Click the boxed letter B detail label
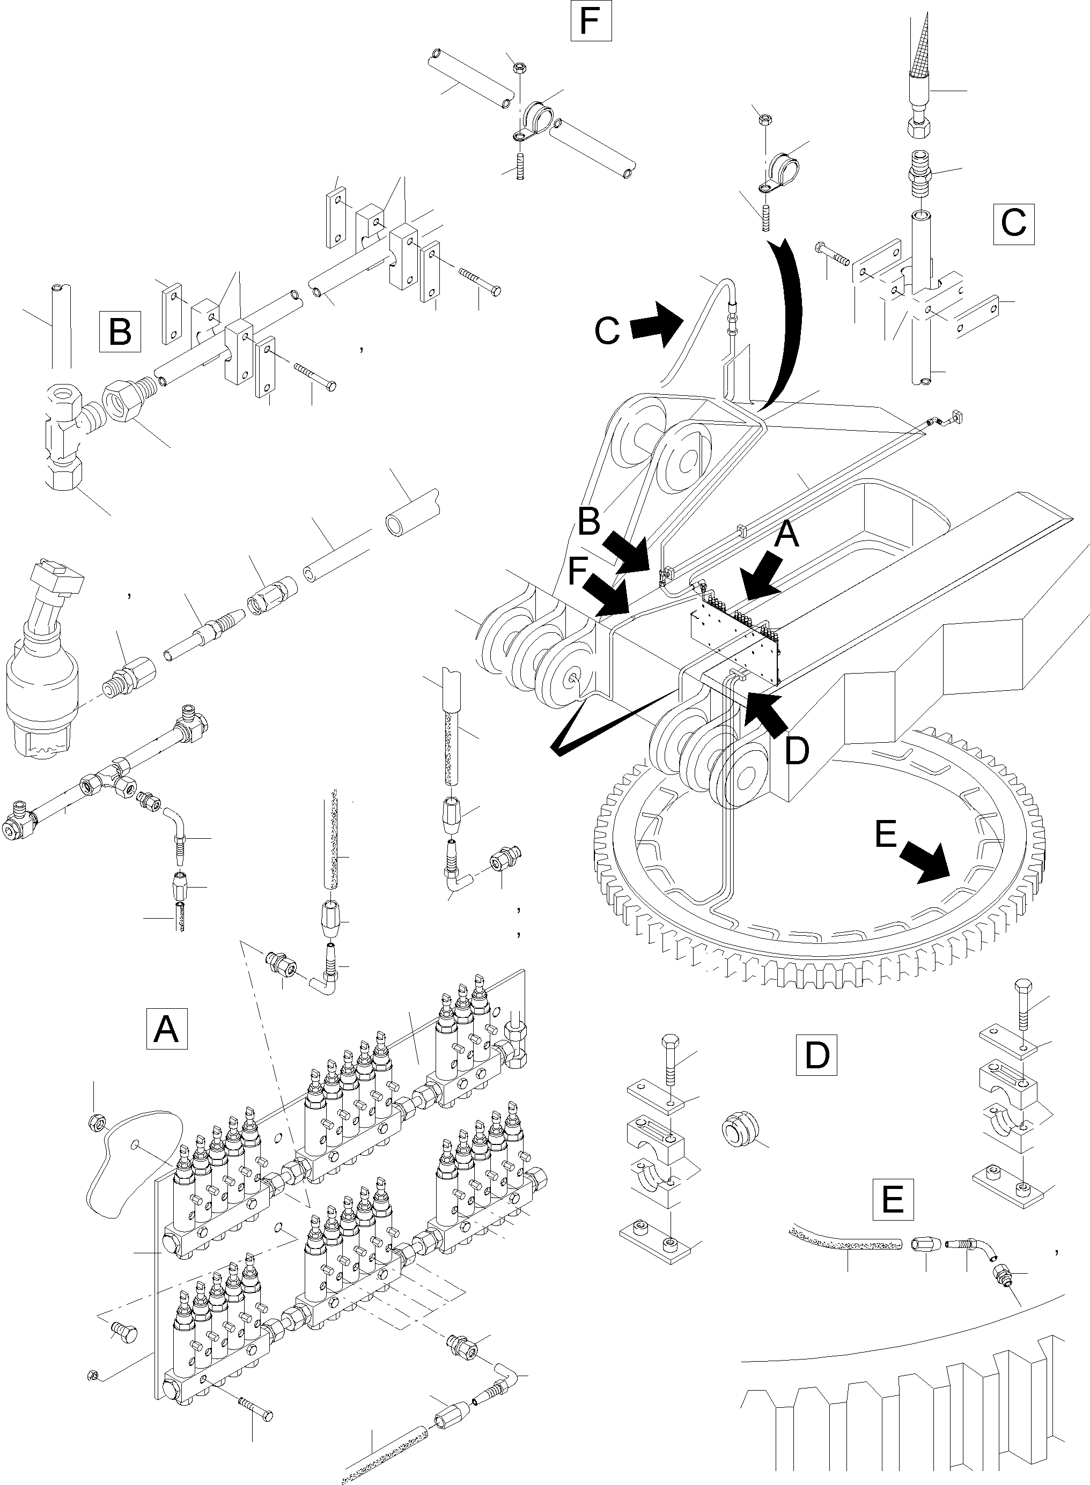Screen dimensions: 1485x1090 tap(120, 330)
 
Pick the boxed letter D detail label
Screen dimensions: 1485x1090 tap(816, 1055)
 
